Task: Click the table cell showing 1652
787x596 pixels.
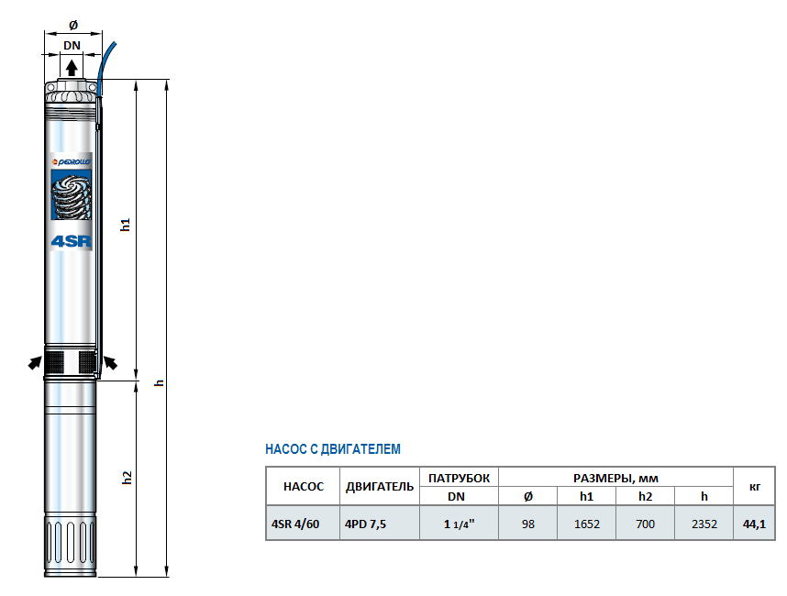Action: [586, 524]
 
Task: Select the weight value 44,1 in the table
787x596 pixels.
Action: [754, 524]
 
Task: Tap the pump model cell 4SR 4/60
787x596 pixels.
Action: [295, 524]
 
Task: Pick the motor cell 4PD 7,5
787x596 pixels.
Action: [365, 524]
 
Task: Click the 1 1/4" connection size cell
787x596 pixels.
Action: [459, 524]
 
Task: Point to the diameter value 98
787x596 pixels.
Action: [527, 524]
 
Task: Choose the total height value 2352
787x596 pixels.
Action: [704, 524]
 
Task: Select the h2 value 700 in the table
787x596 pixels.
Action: [645, 524]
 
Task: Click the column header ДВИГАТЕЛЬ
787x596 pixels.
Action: [380, 486]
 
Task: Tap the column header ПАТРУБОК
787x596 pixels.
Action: [459, 478]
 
